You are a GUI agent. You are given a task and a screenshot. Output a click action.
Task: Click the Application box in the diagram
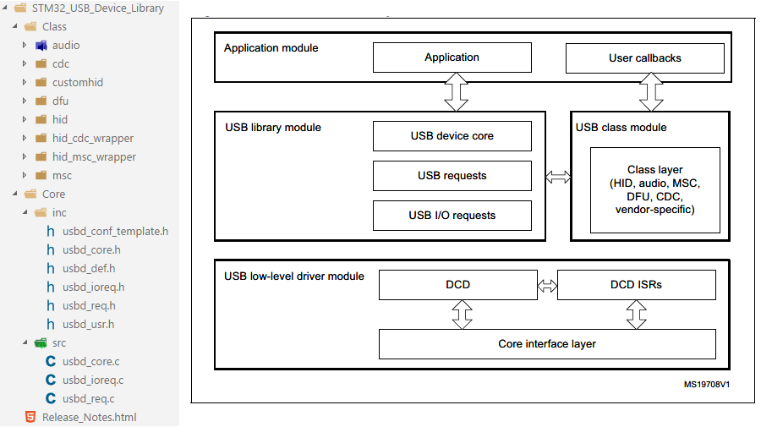452,57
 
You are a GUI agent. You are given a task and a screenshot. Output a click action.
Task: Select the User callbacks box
644,58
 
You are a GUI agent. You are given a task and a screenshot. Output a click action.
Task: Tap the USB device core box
452,136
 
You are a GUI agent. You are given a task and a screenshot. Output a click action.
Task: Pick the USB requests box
452,176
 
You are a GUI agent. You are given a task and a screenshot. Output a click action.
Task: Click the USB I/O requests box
452,216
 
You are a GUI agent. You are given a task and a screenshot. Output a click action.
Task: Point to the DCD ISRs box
636,285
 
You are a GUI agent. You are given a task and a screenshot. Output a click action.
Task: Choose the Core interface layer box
546,344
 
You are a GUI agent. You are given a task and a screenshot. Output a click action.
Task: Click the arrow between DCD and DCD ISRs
548,286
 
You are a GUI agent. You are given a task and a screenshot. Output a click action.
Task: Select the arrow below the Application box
457,91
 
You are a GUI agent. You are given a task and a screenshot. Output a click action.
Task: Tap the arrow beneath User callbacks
651,91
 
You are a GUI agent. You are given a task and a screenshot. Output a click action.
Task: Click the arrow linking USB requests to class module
558,177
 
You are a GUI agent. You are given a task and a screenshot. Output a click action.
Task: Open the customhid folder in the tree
77,83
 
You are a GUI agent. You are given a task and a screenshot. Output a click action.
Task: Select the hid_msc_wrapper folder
93,157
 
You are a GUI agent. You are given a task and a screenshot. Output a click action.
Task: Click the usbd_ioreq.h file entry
93,287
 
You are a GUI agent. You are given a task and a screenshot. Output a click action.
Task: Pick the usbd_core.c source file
90,362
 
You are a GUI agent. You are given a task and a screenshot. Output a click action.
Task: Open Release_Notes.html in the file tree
89,418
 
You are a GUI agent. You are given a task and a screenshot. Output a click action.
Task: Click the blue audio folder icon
41,46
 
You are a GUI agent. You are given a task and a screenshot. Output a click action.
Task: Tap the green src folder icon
41,343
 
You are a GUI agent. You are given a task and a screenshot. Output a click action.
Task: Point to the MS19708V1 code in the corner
707,384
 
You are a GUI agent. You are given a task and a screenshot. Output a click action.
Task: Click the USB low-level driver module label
294,276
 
